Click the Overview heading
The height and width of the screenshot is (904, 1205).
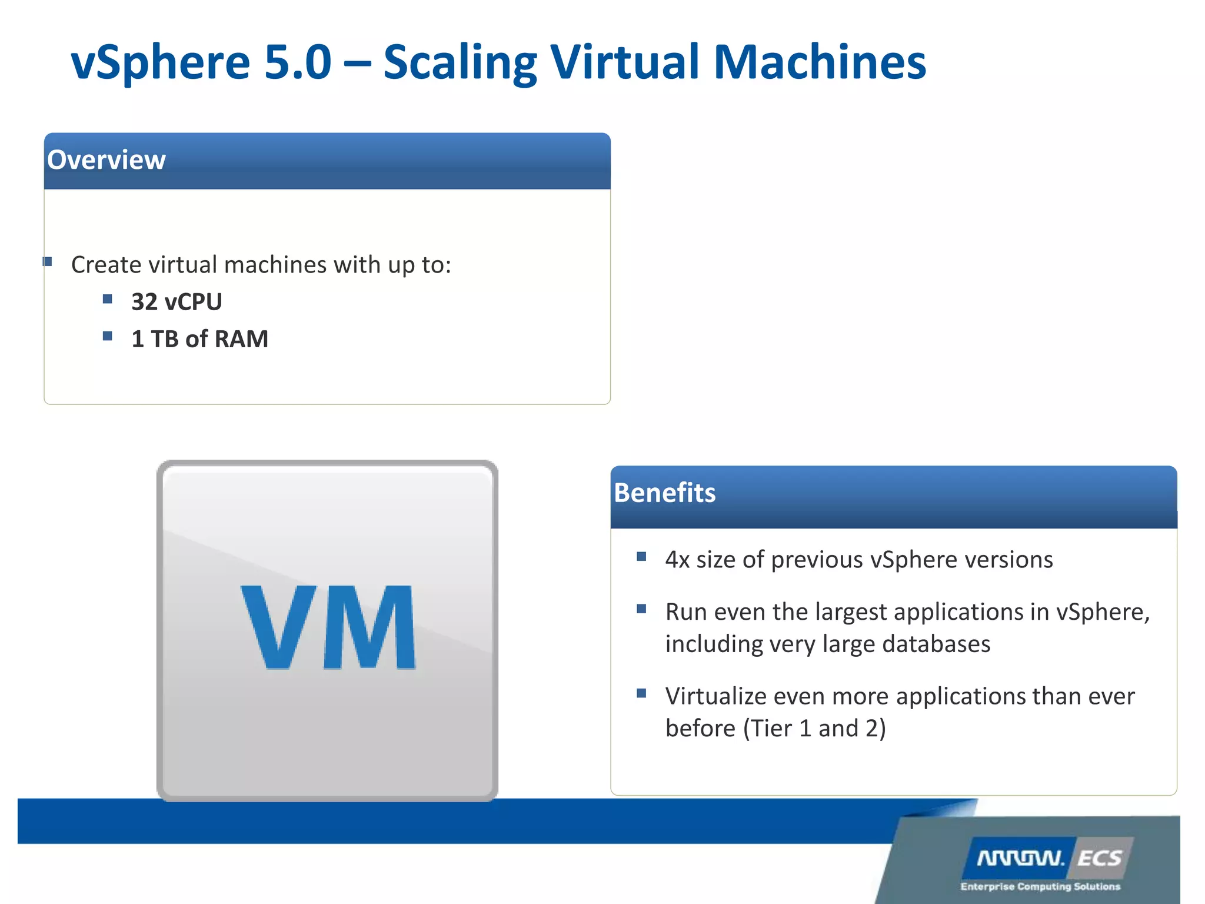pos(106,160)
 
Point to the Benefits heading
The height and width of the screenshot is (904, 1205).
pos(664,493)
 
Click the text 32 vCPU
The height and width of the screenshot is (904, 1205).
pos(177,302)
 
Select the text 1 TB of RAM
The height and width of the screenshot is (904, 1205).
pos(199,339)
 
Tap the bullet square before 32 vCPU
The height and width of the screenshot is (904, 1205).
pos(107,299)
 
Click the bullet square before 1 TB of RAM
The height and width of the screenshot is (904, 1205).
pos(107,336)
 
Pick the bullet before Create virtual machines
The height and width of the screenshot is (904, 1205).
pos(48,261)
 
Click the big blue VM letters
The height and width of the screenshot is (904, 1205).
pos(328,627)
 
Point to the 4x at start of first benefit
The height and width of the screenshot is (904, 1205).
pos(677,560)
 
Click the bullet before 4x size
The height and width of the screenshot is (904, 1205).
pos(641,556)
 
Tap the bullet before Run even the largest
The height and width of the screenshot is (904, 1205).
pos(641,609)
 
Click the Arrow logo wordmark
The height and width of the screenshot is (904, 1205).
pos(1021,859)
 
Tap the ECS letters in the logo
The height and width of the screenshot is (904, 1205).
pos(1099,859)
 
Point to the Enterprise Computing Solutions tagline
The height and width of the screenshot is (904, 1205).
pos(1040,886)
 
